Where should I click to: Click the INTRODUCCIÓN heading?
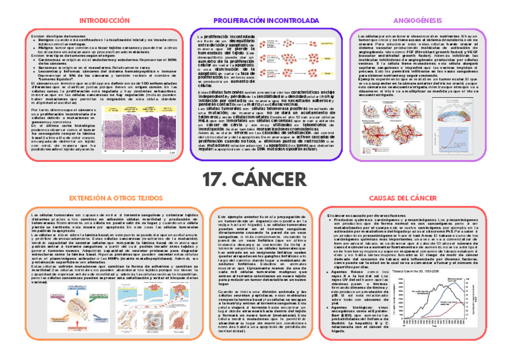pos(104,20)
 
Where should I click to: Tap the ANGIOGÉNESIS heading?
pos(413,20)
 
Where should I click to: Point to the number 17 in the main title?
pos(214,179)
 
